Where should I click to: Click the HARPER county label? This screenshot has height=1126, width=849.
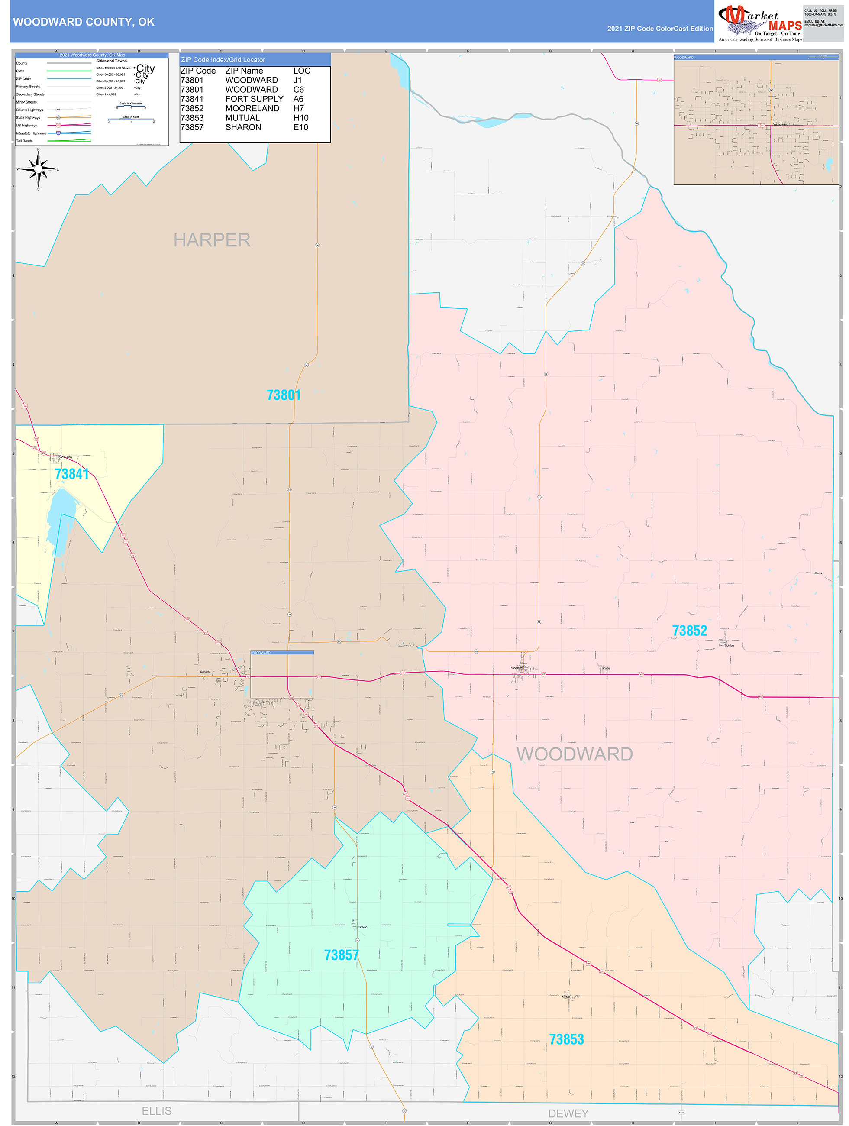(x=212, y=240)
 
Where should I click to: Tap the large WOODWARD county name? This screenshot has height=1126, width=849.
(x=574, y=754)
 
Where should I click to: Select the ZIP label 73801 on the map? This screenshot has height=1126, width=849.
(x=284, y=395)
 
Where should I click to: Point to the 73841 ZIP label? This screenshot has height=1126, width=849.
(x=72, y=474)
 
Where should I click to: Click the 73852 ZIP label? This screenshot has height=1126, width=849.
(x=689, y=631)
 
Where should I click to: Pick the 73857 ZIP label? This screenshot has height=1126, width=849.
(x=341, y=955)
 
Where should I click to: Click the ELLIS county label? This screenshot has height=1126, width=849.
(x=156, y=1111)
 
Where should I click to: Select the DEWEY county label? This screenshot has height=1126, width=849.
(x=568, y=1113)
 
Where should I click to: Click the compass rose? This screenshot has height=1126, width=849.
(x=38, y=169)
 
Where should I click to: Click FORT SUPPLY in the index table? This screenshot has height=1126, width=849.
(x=254, y=99)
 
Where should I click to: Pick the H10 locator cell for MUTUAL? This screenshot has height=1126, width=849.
(x=300, y=118)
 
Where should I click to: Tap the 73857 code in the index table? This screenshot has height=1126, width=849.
(x=192, y=127)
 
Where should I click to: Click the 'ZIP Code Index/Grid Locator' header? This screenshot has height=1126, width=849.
(x=223, y=60)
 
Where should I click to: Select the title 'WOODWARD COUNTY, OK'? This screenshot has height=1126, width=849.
(x=84, y=22)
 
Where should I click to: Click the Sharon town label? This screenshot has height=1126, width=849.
(x=362, y=927)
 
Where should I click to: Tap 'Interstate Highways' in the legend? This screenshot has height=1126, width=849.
(x=31, y=133)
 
